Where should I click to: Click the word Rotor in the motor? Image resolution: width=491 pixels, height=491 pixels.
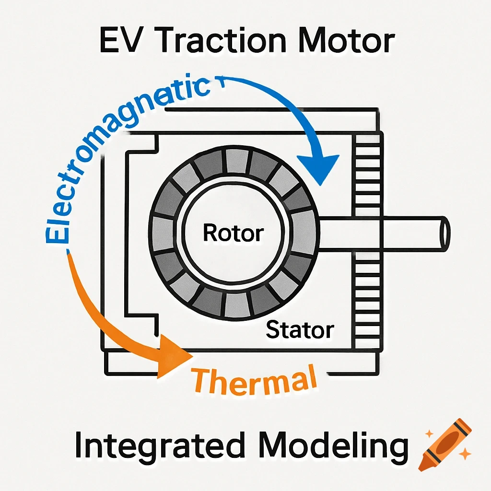[234, 233]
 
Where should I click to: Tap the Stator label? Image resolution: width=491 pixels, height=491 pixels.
[300, 330]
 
